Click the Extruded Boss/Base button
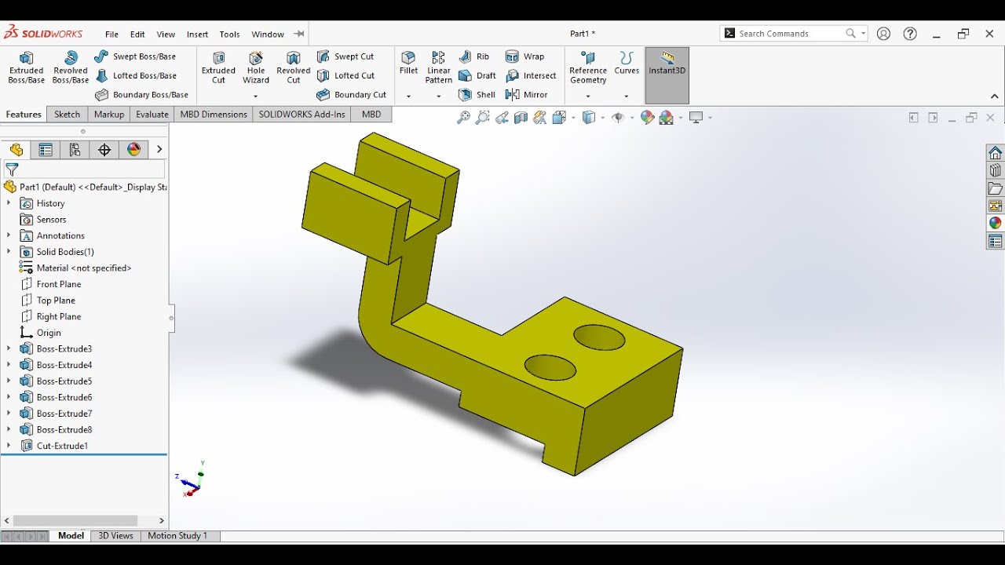point(26,67)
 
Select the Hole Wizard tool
point(256,67)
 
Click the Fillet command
point(408,63)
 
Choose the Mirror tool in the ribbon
point(527,95)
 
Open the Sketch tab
point(67,115)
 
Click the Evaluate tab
point(152,115)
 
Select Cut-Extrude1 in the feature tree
point(61,446)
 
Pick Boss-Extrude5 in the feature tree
point(64,381)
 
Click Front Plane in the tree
point(58,284)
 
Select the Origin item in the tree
point(48,333)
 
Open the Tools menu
point(229,35)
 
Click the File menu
point(111,35)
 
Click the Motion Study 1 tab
point(177,536)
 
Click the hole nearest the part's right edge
point(599,337)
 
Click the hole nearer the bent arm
point(550,367)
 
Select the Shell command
point(477,95)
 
